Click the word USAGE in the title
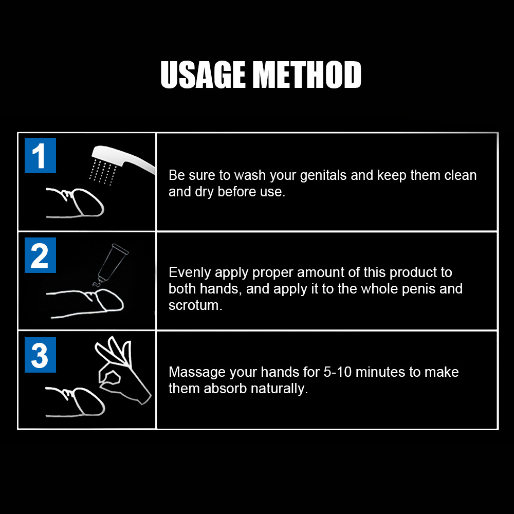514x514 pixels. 203,75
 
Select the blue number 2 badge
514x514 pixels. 40,255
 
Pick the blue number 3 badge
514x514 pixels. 40,355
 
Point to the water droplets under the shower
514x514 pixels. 101,170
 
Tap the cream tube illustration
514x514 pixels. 110,264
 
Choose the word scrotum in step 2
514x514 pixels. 194,305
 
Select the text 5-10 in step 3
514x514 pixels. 317,372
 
